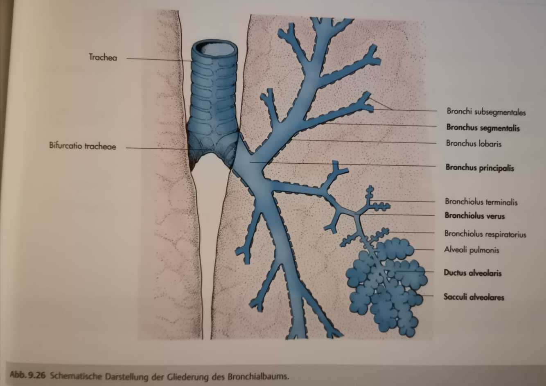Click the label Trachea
point(103,58)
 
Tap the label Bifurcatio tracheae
point(82,146)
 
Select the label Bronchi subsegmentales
point(486,112)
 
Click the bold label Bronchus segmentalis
point(483,128)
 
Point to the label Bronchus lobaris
point(474,144)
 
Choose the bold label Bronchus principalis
point(479,168)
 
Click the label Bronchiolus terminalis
point(481,202)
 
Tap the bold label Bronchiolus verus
point(474,216)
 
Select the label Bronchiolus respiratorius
point(485,234)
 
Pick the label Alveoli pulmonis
point(472,250)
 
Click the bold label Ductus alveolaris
point(472,273)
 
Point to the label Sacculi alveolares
point(474,297)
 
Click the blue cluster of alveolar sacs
point(385,282)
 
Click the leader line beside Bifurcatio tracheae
point(156,148)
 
